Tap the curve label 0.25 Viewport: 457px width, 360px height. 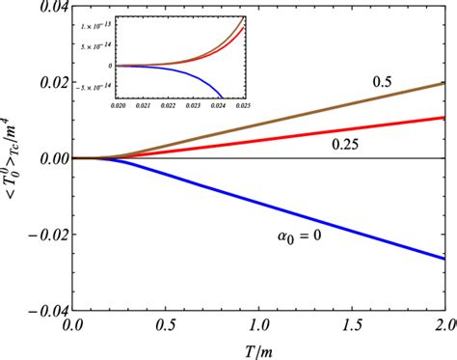coord(346,143)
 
